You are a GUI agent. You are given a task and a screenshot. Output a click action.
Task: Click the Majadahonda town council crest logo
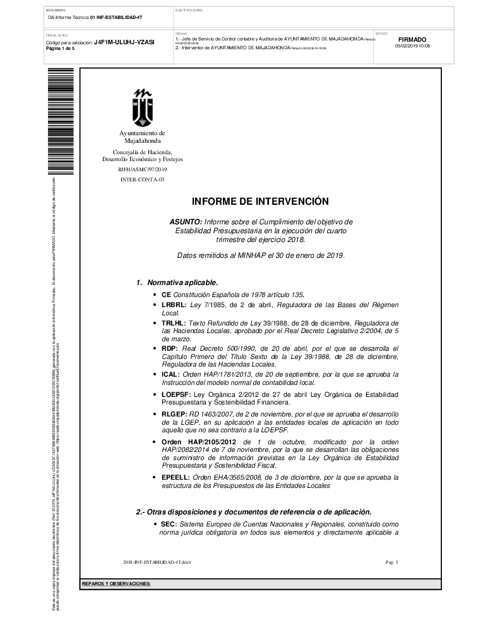(142, 107)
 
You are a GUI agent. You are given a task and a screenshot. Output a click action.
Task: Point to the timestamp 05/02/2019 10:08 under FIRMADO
(412, 46)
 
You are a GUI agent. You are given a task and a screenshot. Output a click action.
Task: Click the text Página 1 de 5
(60, 49)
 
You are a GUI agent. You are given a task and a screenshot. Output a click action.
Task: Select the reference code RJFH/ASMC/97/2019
(142, 170)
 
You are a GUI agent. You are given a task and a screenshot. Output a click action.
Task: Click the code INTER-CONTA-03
(142, 180)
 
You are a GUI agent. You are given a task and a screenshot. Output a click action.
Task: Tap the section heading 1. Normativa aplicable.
(177, 282)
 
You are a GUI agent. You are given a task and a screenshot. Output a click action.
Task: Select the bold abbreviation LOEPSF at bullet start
(176, 394)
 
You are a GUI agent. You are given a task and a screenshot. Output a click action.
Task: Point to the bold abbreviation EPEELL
(176, 477)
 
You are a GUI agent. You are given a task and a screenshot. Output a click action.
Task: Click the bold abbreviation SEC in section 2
(169, 525)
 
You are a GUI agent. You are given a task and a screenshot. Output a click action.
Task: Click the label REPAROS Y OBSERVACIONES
(116, 583)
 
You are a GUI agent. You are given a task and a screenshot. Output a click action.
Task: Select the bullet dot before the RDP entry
(155, 349)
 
